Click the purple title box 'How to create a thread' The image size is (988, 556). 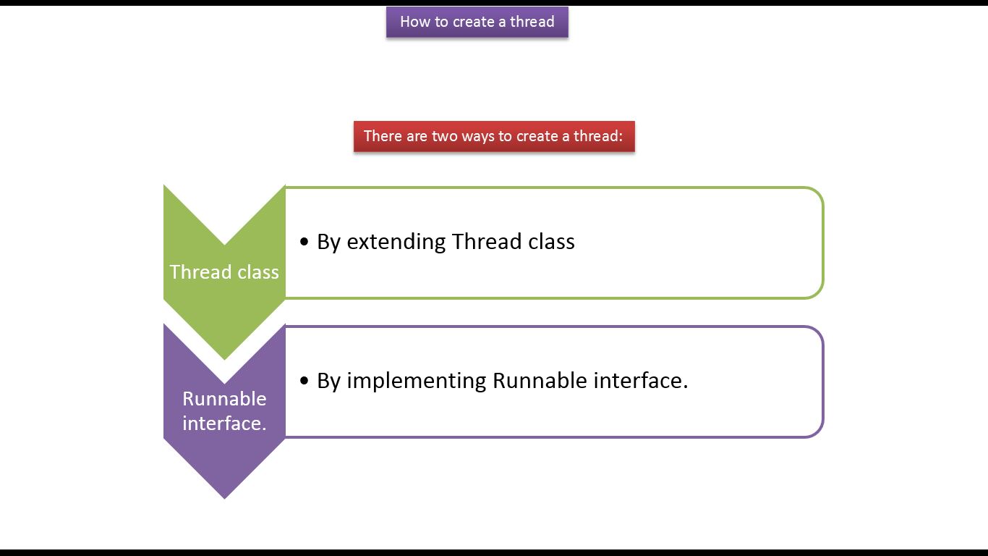pyautogui.click(x=477, y=22)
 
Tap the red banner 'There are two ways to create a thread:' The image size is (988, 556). pyautogui.click(x=494, y=136)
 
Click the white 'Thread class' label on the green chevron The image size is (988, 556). pyautogui.click(x=224, y=272)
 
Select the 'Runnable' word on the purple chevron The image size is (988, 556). pyautogui.click(x=224, y=399)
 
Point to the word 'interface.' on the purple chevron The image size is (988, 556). pyautogui.click(x=224, y=423)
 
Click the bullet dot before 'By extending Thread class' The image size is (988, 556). pyautogui.click(x=304, y=242)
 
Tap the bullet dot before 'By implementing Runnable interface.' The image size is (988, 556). pyautogui.click(x=304, y=380)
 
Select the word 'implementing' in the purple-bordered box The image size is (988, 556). pyautogui.click(x=417, y=381)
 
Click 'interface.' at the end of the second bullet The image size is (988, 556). pyautogui.click(x=640, y=381)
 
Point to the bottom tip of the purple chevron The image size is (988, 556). pyautogui.click(x=224, y=499)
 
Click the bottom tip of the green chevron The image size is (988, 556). pyautogui.click(x=224, y=360)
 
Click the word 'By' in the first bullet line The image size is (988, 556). pyautogui.click(x=328, y=243)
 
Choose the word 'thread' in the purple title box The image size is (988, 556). pyautogui.click(x=532, y=22)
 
